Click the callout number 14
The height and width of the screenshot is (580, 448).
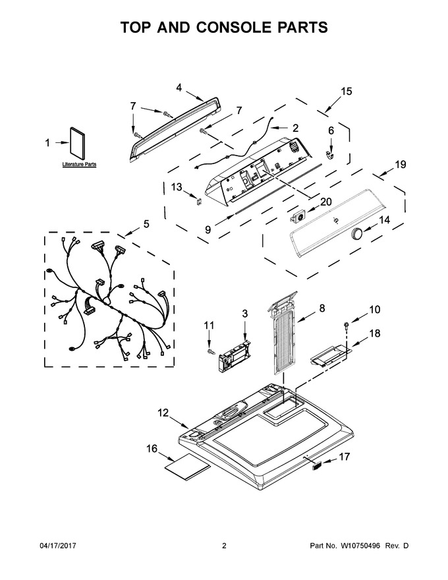[x=384, y=220]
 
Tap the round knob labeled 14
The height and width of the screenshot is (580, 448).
[x=357, y=235]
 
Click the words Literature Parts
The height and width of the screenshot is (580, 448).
[x=80, y=164]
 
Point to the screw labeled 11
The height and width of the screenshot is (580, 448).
[x=211, y=351]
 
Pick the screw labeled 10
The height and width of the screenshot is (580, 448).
[x=347, y=326]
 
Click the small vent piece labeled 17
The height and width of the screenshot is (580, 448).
[x=317, y=465]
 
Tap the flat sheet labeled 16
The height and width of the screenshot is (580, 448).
[x=187, y=467]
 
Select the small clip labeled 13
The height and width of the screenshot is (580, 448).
[x=199, y=201]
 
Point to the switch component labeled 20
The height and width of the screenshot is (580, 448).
[x=298, y=216]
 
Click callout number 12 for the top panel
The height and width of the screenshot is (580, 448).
[x=163, y=413]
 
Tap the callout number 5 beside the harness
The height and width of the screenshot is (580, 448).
[x=146, y=224]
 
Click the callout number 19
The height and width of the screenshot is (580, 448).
[x=401, y=165]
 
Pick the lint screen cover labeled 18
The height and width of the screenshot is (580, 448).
[x=329, y=355]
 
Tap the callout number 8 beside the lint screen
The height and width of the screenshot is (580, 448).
[x=322, y=307]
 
